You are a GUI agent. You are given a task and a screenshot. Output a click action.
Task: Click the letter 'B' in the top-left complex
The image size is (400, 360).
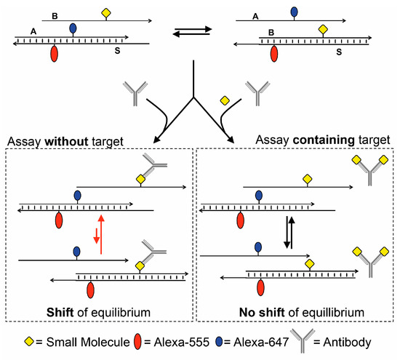coord(54,14)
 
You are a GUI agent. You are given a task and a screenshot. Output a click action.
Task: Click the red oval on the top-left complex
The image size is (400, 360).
coord(55,54)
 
